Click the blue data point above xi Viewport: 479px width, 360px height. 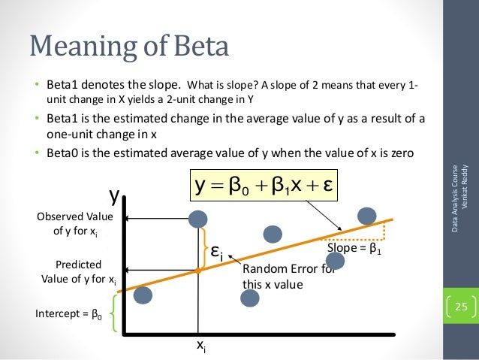coord(197,219)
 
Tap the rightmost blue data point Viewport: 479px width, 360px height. coord(367,215)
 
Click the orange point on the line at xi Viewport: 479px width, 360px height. coord(197,269)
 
